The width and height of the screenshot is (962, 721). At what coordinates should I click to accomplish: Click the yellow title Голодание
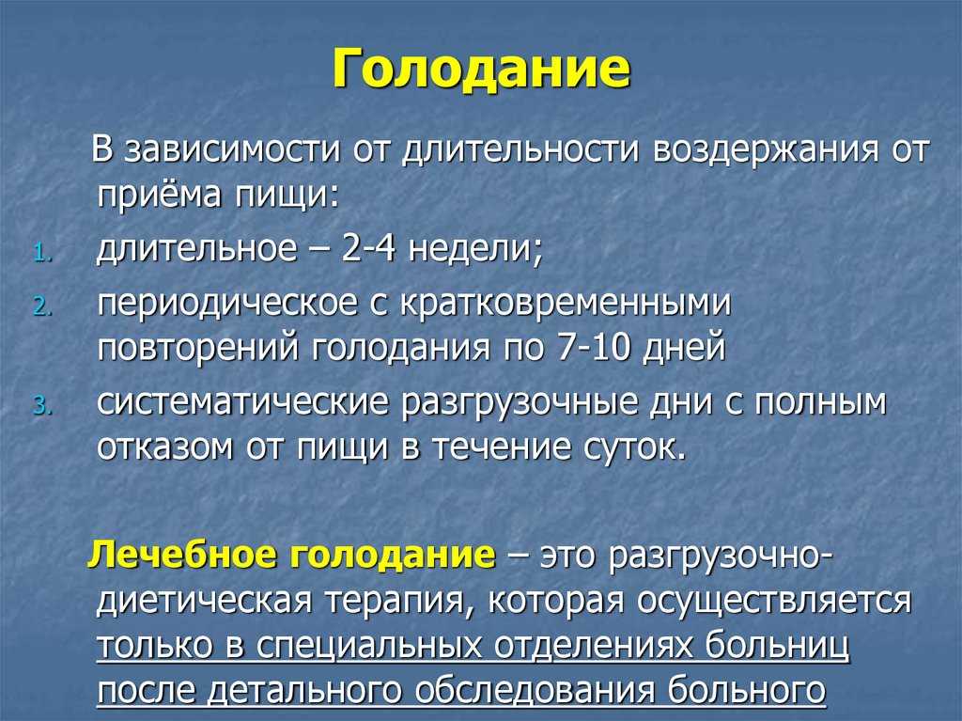click(x=481, y=70)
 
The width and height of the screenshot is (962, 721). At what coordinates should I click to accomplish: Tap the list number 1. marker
click(x=44, y=254)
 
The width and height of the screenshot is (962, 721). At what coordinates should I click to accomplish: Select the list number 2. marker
click(x=43, y=306)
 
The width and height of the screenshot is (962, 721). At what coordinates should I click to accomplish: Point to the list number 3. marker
click(x=43, y=405)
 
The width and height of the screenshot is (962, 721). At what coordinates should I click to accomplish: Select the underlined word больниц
click(x=777, y=645)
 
